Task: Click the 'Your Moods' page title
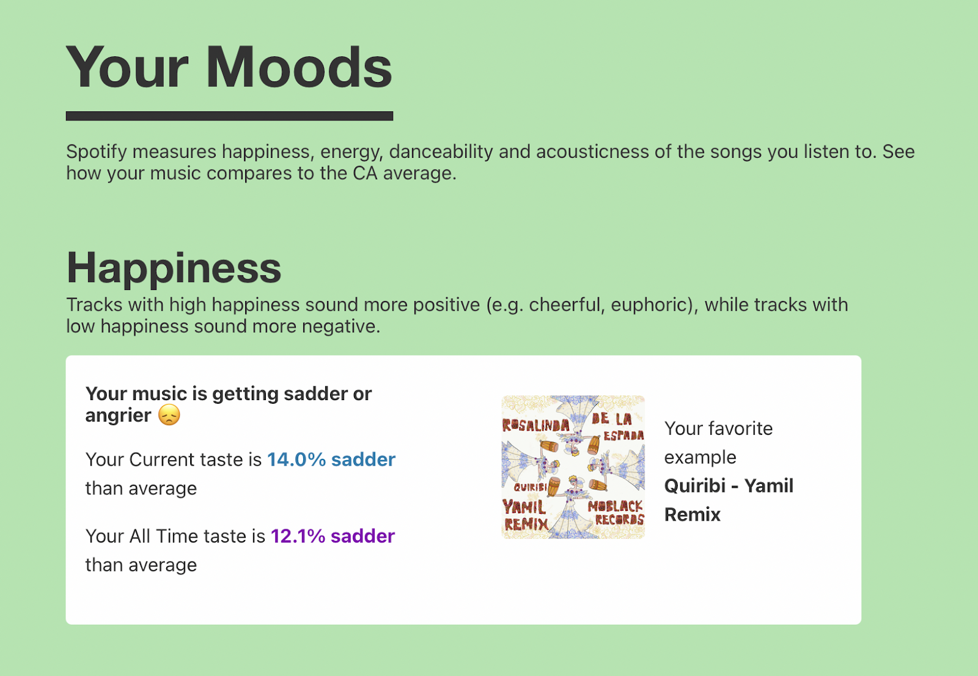click(x=229, y=67)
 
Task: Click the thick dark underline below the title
click(x=229, y=116)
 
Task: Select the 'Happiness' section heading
click(x=174, y=268)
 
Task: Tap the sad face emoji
click(x=169, y=415)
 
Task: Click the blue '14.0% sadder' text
click(x=331, y=459)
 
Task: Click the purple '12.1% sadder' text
click(x=333, y=536)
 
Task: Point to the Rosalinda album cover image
click(x=573, y=467)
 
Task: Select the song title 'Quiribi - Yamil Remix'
click(x=728, y=500)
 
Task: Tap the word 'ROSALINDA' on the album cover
click(x=535, y=425)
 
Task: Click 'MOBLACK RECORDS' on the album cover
click(x=616, y=513)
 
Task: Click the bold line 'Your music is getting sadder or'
click(x=229, y=393)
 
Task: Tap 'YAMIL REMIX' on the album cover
click(x=524, y=515)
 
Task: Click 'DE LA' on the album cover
click(x=611, y=419)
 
